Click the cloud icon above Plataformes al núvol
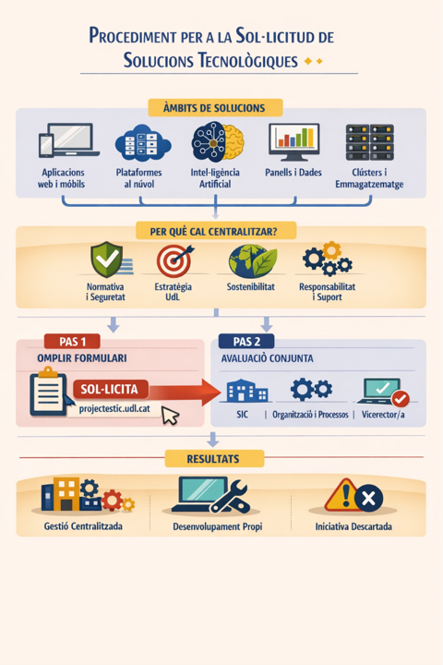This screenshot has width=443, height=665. [x=143, y=143]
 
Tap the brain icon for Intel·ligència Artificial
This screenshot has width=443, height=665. [x=218, y=142]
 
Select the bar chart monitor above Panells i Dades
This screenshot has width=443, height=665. [x=293, y=142]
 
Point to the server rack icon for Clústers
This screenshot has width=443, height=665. [x=370, y=142]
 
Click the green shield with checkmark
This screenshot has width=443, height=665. [x=107, y=260]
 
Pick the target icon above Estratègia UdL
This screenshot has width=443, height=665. [x=174, y=260]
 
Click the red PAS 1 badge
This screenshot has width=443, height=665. [x=72, y=342]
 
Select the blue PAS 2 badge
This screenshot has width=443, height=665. [x=246, y=342]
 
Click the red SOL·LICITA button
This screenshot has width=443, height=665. [x=110, y=390]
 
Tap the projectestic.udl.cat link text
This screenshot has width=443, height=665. [x=114, y=409]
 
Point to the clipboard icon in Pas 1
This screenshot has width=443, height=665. [x=49, y=392]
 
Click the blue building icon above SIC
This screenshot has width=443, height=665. [x=246, y=390]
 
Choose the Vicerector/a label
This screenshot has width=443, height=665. [x=383, y=415]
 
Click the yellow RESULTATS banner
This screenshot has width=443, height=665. [x=214, y=459]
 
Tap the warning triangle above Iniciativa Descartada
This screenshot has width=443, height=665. [x=342, y=495]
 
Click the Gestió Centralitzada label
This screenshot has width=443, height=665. [x=83, y=526]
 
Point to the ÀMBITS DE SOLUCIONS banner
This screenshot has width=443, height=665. [x=215, y=108]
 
